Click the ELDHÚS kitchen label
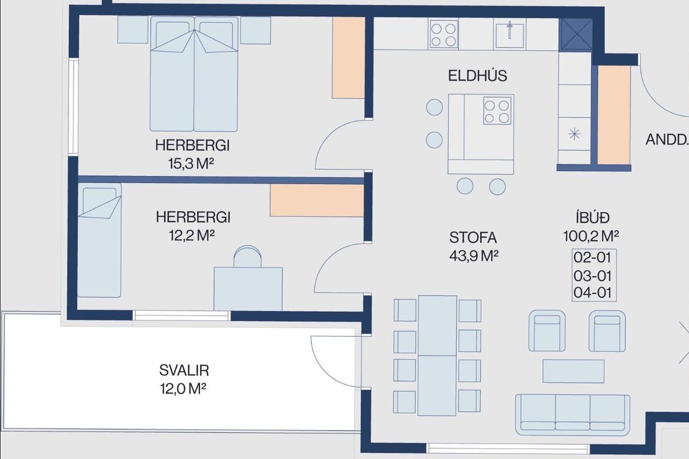pos(477,76)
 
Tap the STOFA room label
pos(473,238)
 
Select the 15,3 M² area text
pos(191,164)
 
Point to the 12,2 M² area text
pos(192,235)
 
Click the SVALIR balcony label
pos(184,370)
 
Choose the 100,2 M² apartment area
pos(591,236)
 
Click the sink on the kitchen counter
pos(509,35)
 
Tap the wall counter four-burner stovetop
pos(444,34)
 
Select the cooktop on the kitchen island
pos(497,111)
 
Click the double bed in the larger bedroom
pos(194,74)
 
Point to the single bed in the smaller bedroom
pos(99,240)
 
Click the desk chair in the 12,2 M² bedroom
pos(248,256)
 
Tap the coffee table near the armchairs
pos(573,371)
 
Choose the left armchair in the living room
pos(547,331)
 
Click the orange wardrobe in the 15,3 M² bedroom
pos(348,57)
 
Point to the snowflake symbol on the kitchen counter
pos(575,134)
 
